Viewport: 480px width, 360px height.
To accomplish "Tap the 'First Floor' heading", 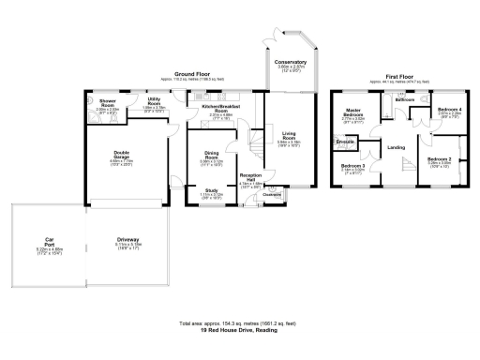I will [401, 78].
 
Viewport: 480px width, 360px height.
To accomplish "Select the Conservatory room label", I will [292, 63].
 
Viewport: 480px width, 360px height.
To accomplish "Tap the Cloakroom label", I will [273, 195].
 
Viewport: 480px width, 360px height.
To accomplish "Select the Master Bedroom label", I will [352, 116].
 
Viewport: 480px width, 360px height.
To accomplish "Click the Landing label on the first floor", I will [396, 147].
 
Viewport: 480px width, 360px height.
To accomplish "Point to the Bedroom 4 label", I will [450, 111].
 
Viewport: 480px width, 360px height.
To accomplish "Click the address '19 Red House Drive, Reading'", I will [239, 331].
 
